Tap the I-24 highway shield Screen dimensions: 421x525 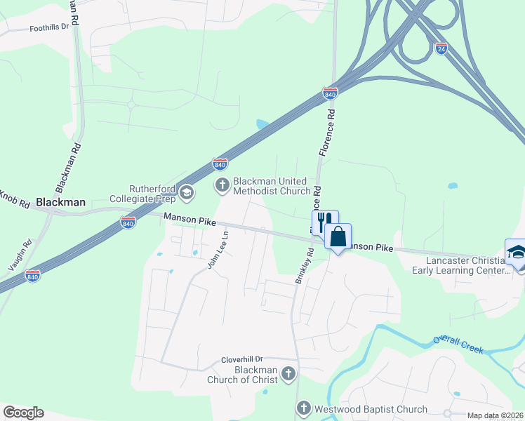coord(441,48)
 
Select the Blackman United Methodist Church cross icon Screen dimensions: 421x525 coord(222,185)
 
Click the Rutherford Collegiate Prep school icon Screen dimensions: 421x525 coord(186,192)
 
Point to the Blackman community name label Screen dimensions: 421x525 coord(60,202)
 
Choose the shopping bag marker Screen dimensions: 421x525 coord(338,237)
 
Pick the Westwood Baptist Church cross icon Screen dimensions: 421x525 coord(303,408)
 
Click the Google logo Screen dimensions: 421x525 coord(23,413)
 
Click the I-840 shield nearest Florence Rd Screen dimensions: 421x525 coord(330,93)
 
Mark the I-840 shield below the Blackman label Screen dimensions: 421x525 coord(128,222)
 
